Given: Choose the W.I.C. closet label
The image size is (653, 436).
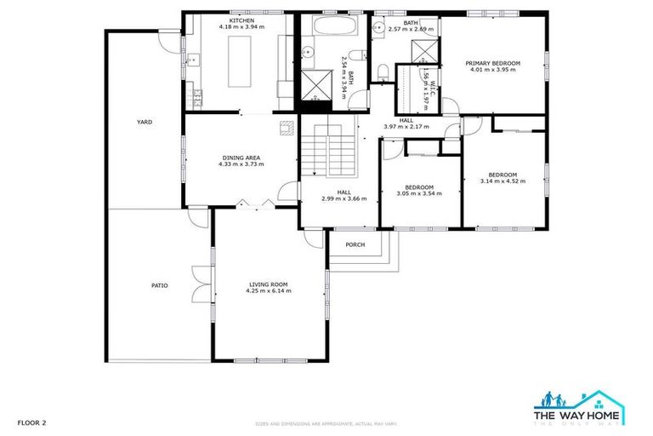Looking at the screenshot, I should coord(433,85).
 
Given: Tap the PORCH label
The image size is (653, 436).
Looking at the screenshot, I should coord(355,244).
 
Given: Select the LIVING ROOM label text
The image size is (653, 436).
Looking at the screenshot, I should coord(269,284).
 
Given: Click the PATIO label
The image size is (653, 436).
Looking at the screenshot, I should coord(159,285).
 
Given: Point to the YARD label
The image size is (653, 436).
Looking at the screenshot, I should coord(145,123).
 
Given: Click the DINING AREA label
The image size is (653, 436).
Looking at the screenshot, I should coord(241,158).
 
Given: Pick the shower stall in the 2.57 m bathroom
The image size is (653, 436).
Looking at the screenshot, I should coord(425,52).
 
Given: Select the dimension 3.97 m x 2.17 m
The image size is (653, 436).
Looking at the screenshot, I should coord(406,127).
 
